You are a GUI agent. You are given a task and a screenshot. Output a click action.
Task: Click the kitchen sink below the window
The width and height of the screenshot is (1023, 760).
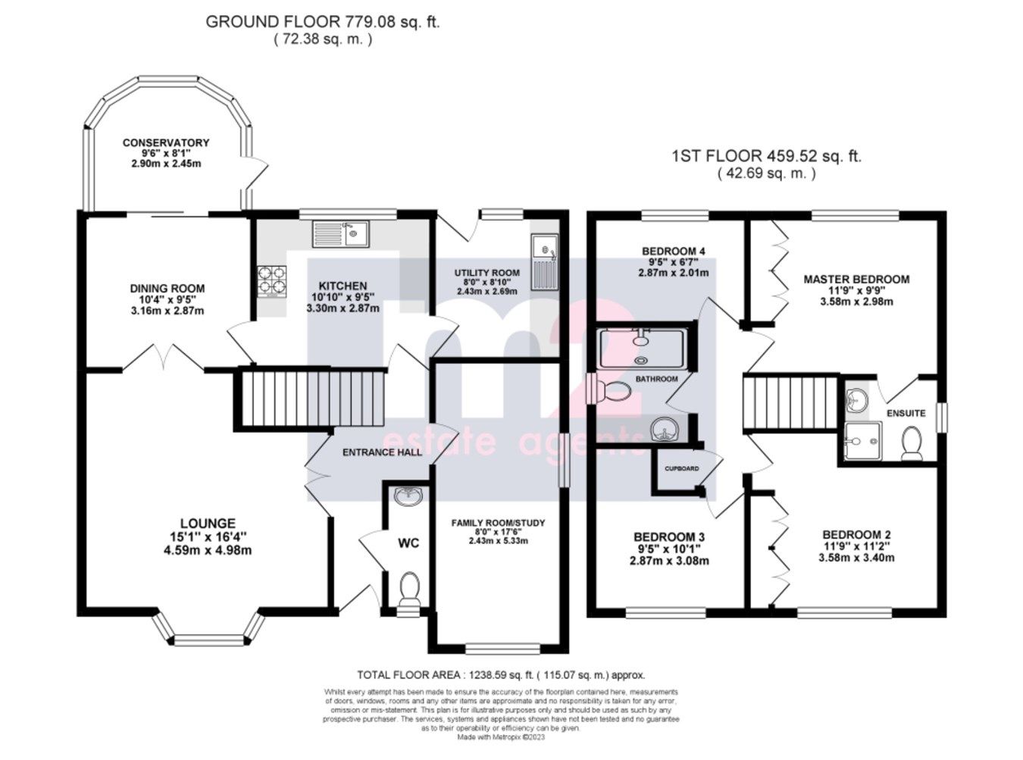[x=339, y=233]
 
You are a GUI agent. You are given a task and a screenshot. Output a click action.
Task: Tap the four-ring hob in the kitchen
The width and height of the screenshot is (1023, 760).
[x=274, y=280]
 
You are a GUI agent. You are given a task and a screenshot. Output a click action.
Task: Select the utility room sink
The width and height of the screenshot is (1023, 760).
[x=544, y=261]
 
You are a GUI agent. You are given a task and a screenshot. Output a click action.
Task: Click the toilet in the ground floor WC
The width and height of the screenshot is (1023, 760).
[x=409, y=588]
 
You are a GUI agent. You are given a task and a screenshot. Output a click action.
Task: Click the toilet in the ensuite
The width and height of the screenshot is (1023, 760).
[x=912, y=443]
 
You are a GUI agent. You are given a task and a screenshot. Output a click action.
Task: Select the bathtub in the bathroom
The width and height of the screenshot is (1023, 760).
[x=644, y=347]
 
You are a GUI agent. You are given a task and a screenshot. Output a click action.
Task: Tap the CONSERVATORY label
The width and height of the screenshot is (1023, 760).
[x=166, y=142]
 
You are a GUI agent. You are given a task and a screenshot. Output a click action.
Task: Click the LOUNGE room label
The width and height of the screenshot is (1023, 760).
[x=207, y=524]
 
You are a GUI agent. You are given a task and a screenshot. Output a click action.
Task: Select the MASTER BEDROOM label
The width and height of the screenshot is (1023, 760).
[x=856, y=279]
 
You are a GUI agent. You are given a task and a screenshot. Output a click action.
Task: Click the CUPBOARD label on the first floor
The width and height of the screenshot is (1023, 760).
[x=682, y=468]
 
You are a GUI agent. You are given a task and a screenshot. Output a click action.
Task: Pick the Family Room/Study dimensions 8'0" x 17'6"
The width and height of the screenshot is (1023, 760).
[x=498, y=532]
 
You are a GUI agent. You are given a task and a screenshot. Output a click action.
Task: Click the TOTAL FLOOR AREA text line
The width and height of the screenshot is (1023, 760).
[x=501, y=674]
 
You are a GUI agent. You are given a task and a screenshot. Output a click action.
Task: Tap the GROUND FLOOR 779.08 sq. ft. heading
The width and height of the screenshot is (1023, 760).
[x=323, y=22]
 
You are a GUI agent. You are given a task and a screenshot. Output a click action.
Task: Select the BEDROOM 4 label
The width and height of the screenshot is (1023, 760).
[x=674, y=251]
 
